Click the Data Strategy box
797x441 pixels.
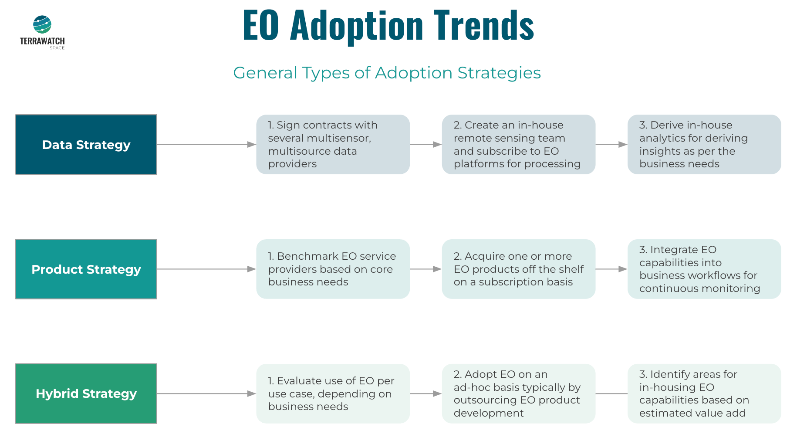pyautogui.click(x=86, y=145)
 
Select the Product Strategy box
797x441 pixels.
pyautogui.click(x=86, y=269)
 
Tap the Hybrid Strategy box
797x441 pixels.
pyautogui.click(x=86, y=394)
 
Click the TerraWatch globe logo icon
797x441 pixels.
pyautogui.click(x=42, y=25)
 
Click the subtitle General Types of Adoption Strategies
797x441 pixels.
pyautogui.click(x=387, y=73)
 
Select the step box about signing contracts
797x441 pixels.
pyautogui.click(x=333, y=145)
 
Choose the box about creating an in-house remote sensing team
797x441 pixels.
pyautogui.click(x=518, y=145)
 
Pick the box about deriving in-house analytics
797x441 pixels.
pyautogui.click(x=704, y=145)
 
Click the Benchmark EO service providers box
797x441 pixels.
pyautogui.click(x=333, y=269)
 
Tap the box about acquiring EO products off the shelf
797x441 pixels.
pyautogui.click(x=518, y=269)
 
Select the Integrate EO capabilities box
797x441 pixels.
pyautogui.click(x=704, y=269)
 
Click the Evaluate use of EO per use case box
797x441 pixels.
pyautogui.click(x=333, y=394)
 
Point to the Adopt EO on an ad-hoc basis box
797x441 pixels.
pyautogui.click(x=518, y=394)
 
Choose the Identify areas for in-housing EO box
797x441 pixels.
pyautogui.click(x=704, y=394)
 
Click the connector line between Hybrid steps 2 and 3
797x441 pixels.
pyautogui.click(x=611, y=394)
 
